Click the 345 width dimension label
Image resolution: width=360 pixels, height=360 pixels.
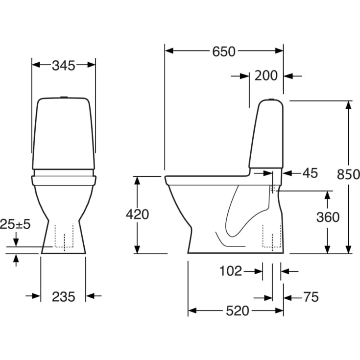point(64,65)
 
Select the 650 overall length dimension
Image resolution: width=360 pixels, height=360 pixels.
point(224,51)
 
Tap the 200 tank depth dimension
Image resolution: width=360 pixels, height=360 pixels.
point(266,76)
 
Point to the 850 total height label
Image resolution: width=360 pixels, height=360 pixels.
point(348,174)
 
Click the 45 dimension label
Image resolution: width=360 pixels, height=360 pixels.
point(309,173)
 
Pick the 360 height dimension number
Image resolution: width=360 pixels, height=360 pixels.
point(327,217)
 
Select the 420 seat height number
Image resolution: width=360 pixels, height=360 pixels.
point(138,214)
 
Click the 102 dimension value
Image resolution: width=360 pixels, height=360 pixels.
point(230,271)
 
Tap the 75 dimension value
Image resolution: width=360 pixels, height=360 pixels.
point(311,297)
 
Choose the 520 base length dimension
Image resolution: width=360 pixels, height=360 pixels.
point(237,311)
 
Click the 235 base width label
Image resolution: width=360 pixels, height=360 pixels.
point(63,296)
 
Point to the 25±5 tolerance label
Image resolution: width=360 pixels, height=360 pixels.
point(16,224)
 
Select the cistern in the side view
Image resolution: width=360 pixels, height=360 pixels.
point(266,135)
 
